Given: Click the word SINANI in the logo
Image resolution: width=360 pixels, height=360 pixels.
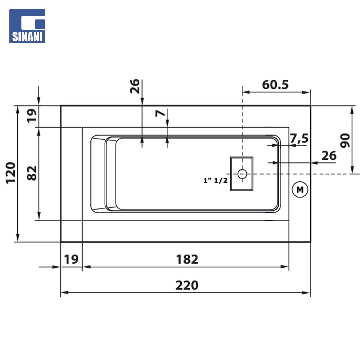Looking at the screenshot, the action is point(27,37).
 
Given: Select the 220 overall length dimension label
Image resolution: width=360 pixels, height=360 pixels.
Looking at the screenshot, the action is point(187,285).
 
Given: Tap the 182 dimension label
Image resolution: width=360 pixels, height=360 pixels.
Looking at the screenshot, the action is point(187,259).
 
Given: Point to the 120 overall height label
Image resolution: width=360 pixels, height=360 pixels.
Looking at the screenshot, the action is point(11,173).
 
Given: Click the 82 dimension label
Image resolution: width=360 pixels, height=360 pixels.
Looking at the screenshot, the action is point(32,173).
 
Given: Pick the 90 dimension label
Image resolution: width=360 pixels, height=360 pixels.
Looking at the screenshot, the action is point(345,140).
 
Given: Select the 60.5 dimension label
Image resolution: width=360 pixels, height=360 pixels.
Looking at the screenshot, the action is point(275,85).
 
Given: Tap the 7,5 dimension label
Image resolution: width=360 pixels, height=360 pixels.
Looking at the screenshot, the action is point(299,138).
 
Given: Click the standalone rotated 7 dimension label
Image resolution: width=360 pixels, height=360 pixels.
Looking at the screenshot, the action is point(160,113).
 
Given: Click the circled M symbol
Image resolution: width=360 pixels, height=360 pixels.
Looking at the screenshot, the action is point(300,190).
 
